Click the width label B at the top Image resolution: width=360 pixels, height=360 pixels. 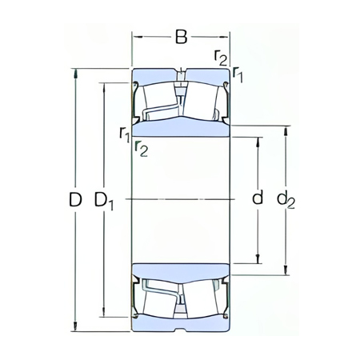[x=181, y=36]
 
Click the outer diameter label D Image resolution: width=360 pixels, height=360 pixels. [x=75, y=200]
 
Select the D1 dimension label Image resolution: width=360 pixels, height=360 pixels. [x=105, y=200]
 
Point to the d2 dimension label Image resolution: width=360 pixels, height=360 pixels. [x=286, y=200]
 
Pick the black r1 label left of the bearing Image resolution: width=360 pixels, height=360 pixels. [x=124, y=134]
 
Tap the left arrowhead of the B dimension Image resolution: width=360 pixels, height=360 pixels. [x=135, y=37]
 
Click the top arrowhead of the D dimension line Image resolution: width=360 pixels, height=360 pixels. [x=76, y=73]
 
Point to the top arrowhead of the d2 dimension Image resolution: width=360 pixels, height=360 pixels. [x=286, y=127]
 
